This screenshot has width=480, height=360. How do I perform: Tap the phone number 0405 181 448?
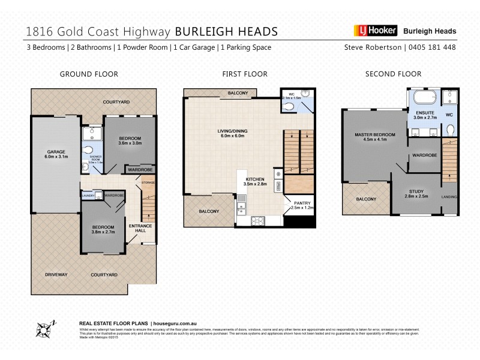(433, 47)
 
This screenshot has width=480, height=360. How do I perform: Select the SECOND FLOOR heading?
(393, 74)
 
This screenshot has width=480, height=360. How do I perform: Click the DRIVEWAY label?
(56, 274)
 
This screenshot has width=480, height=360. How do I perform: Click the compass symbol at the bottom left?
(44, 329)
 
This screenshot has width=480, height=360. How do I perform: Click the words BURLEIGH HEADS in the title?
(226, 31)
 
